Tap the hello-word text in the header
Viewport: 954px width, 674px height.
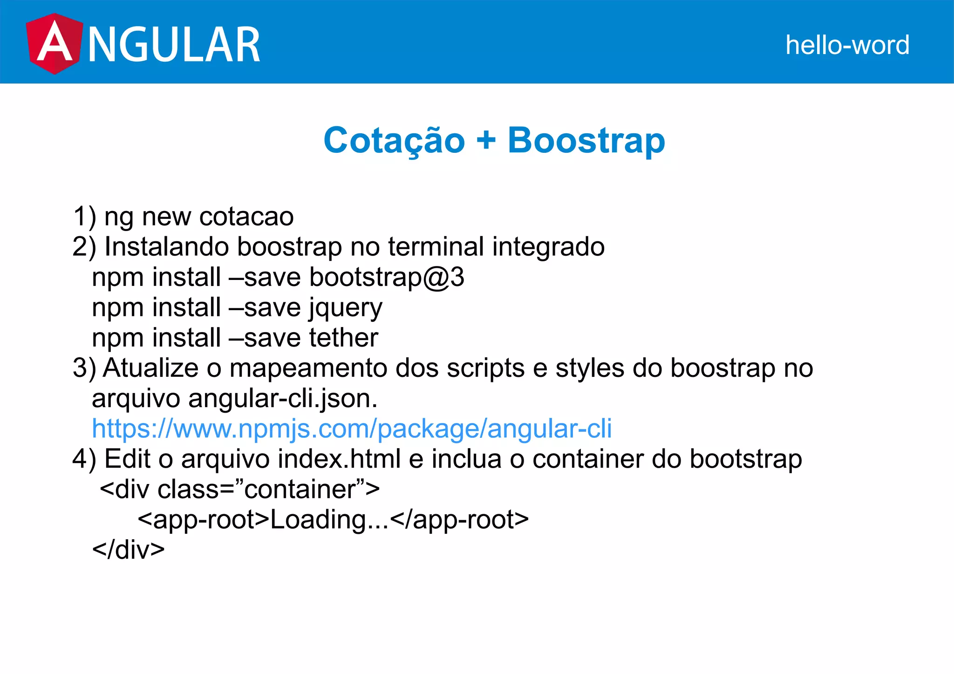847,45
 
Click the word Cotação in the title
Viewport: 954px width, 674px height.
394,140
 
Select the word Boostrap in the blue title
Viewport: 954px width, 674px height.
586,140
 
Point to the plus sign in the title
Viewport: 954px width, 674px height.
486,140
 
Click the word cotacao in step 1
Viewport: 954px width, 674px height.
246,217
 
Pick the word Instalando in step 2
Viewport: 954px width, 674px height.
166,246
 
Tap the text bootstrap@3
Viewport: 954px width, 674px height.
387,277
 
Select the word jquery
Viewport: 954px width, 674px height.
346,308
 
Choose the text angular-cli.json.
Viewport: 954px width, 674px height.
283,399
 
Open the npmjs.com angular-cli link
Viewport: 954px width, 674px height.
352,429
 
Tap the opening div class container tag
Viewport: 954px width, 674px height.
240,490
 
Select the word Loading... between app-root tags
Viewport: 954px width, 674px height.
329,520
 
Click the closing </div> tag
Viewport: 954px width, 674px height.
129,550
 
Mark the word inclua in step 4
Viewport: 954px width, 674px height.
466,459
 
